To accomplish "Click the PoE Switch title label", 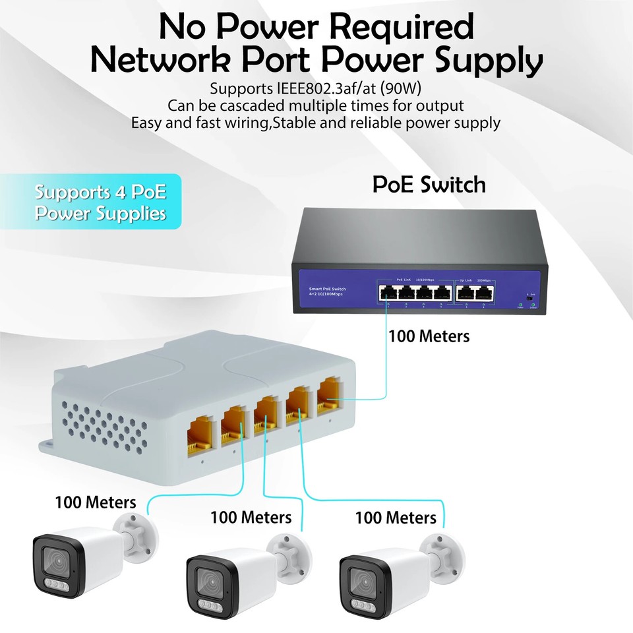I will pyautogui.click(x=429, y=184).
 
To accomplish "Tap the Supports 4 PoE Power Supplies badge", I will pyautogui.click(x=100, y=202).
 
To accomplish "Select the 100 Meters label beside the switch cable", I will pyautogui.click(x=429, y=336).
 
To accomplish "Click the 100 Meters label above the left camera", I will pyautogui.click(x=96, y=502).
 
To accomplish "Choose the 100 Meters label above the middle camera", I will pyautogui.click(x=251, y=518).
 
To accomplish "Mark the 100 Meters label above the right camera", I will pyautogui.click(x=396, y=518).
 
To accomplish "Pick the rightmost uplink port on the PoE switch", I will pyautogui.click(x=485, y=293).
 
